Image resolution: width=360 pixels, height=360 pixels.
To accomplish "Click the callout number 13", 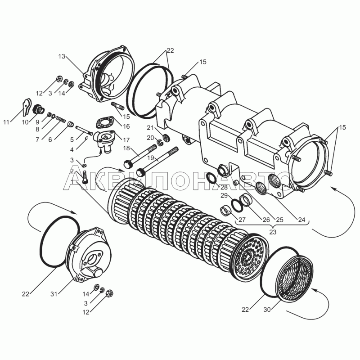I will coord(62,56).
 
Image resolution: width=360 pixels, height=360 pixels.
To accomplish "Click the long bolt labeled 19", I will coord(160,160).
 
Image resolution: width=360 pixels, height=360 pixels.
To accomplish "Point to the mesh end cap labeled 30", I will coord(295,274).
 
